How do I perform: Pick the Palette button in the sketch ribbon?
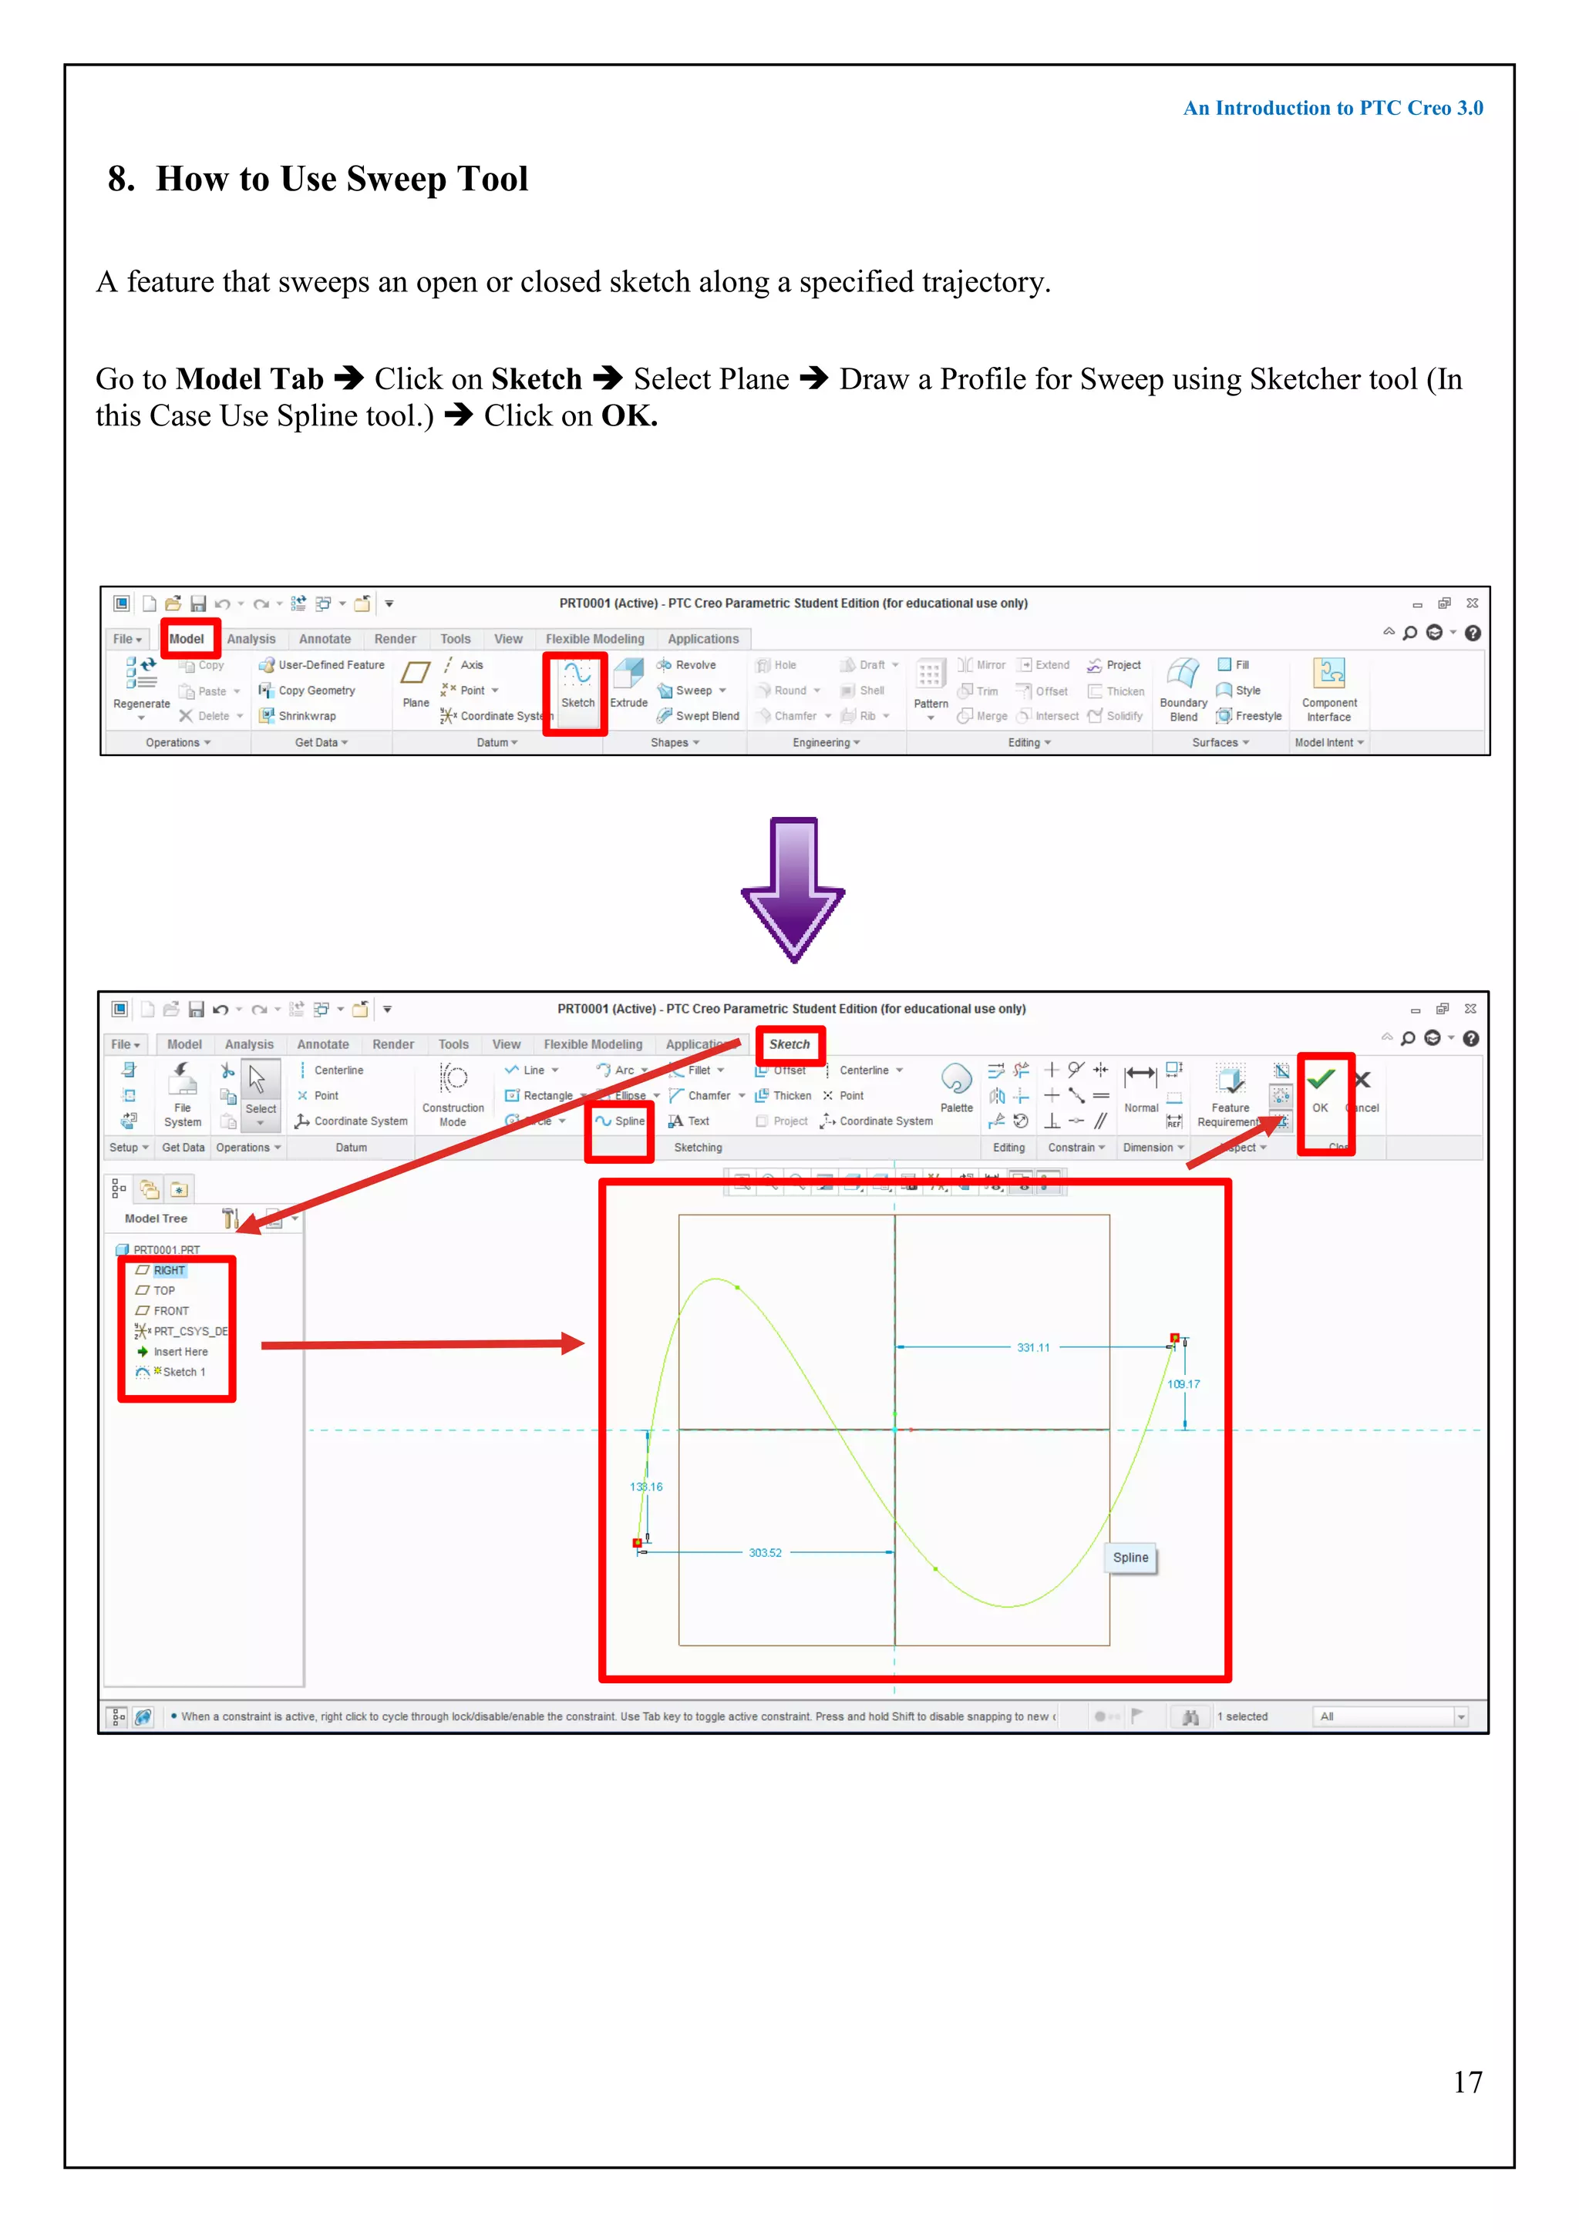pyautogui.click(x=957, y=1087)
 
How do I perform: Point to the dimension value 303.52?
pyautogui.click(x=765, y=1554)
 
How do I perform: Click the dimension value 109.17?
pyautogui.click(x=1184, y=1384)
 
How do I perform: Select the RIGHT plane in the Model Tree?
pyautogui.click(x=168, y=1271)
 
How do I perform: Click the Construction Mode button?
pyautogui.click(x=453, y=1094)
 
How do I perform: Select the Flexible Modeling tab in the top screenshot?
pyautogui.click(x=595, y=640)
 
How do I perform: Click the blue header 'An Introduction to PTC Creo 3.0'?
pyautogui.click(x=1333, y=109)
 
